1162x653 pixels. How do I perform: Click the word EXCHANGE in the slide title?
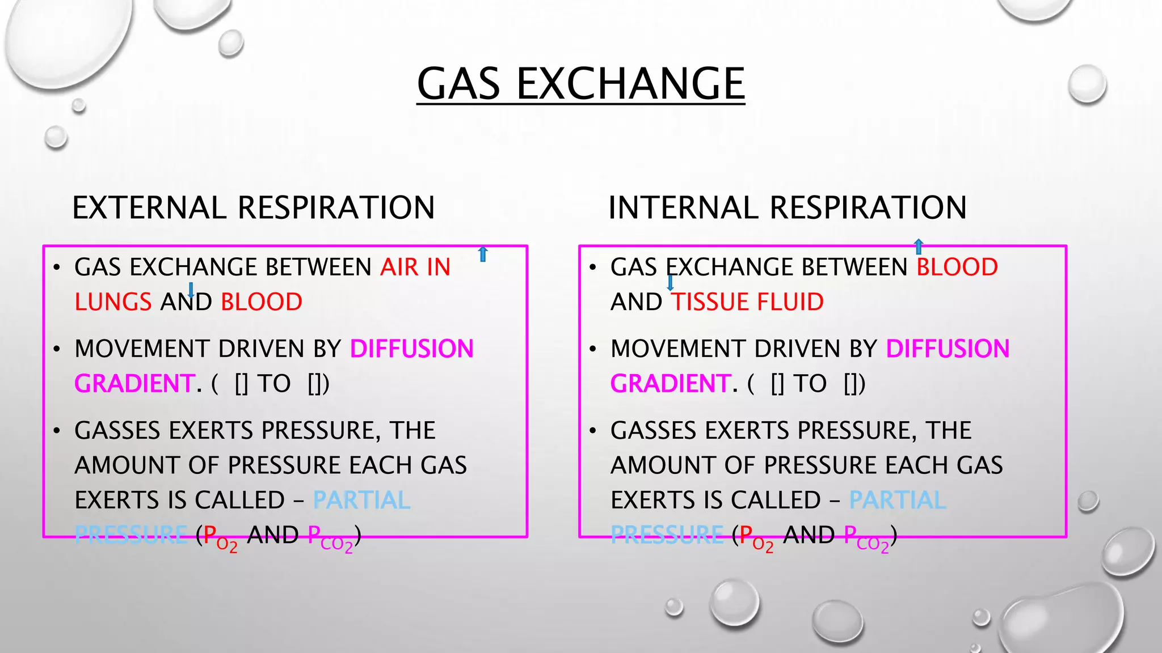630,83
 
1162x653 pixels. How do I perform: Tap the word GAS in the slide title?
458,83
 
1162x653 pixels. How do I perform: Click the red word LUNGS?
113,302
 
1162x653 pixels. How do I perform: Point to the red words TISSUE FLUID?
747,302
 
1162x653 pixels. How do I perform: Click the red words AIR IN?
415,267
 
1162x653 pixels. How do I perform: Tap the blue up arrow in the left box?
483,254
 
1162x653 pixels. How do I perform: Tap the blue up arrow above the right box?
919,247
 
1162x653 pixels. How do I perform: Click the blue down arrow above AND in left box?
191,290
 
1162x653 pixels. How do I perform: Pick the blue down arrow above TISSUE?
670,282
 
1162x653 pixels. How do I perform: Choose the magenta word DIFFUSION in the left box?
411,349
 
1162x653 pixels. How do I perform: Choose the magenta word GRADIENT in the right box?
670,384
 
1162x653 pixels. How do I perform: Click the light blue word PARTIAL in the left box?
361,501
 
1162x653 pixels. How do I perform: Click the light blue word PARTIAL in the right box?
898,501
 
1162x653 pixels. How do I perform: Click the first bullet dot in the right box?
592,268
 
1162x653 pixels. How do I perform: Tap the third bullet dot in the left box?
56,431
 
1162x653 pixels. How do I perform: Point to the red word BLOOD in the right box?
957,267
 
